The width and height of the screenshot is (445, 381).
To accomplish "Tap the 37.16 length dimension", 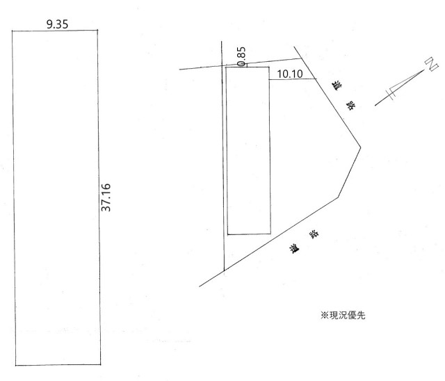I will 106,199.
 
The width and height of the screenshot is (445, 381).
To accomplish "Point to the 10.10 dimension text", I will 289,73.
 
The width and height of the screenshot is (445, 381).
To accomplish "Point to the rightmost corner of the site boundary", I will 360,147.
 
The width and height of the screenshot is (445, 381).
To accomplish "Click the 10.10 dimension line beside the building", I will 291,79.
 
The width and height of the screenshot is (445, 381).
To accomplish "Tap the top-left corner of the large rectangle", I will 13,31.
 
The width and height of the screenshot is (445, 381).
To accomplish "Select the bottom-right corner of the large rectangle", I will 98,364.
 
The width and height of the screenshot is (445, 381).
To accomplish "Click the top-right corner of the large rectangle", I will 98,31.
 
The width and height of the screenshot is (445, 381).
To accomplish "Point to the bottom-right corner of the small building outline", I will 269,234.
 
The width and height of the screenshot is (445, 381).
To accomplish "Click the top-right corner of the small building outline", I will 269,67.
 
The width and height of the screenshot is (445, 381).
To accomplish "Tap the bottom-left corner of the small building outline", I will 227,234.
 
